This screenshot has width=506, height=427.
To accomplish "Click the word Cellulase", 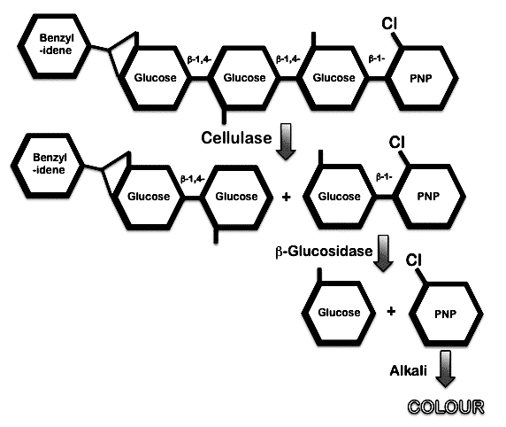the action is (236, 138).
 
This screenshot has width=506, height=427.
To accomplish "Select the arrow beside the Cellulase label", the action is (286, 141).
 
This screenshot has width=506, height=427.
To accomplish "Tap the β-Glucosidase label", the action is (324, 252).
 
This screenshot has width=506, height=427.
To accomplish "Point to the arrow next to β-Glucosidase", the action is (383, 253).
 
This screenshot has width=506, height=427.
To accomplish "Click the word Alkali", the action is (409, 370).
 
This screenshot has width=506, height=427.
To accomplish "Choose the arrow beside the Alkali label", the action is (445, 369).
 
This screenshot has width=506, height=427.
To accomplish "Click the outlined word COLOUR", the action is (447, 407).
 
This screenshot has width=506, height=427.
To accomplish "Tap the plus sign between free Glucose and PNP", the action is (391, 311).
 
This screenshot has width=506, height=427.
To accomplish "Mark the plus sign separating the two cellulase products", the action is (286, 197).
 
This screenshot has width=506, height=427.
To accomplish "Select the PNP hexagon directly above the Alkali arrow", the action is (446, 314).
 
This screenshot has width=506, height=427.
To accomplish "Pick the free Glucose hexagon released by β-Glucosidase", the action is (339, 313).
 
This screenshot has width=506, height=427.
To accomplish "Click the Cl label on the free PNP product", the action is (413, 260).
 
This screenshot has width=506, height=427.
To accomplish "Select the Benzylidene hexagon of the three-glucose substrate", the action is (54, 46).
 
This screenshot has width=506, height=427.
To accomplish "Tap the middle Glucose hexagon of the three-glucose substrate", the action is (244, 78).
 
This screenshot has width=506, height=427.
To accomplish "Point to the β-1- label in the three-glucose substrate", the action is (377, 59).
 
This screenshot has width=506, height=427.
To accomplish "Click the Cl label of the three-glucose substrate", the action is (389, 23).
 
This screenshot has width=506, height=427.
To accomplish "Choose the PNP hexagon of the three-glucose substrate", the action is (420, 78).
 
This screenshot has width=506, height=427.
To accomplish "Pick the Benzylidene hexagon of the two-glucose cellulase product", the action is (48, 165).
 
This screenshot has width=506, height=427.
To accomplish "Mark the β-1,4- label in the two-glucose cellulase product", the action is (193, 179).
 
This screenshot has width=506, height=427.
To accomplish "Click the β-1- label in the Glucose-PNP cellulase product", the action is (384, 177).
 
